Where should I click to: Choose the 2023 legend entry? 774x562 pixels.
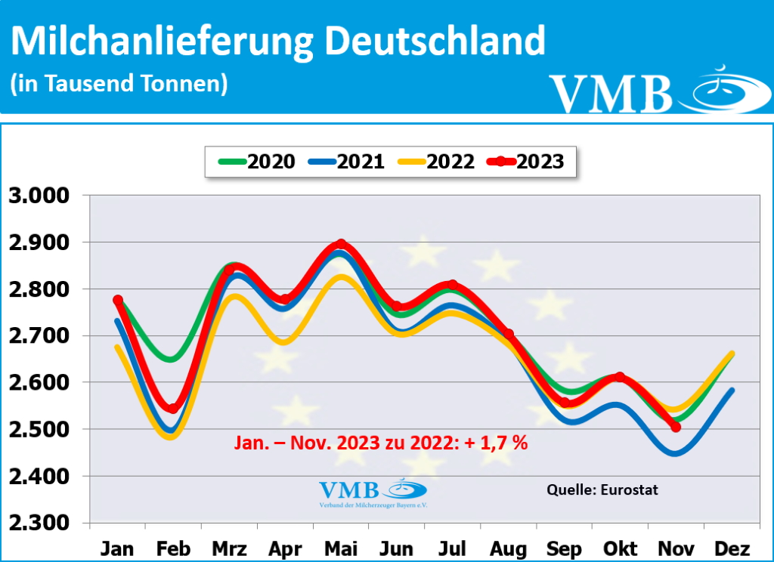point(529,162)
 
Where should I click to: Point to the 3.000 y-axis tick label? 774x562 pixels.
point(40,196)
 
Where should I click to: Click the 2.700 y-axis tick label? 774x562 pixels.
point(40,336)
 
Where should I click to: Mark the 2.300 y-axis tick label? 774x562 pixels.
point(40,523)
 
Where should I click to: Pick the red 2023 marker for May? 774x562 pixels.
point(341,245)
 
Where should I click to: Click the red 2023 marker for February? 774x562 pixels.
point(173,409)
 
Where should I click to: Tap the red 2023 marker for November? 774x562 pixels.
point(676,428)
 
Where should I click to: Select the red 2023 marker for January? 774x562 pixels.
point(118,301)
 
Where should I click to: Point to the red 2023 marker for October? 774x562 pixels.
point(620,377)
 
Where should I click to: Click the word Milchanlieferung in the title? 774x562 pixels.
point(162,42)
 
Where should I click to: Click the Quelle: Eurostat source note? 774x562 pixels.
point(602,489)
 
